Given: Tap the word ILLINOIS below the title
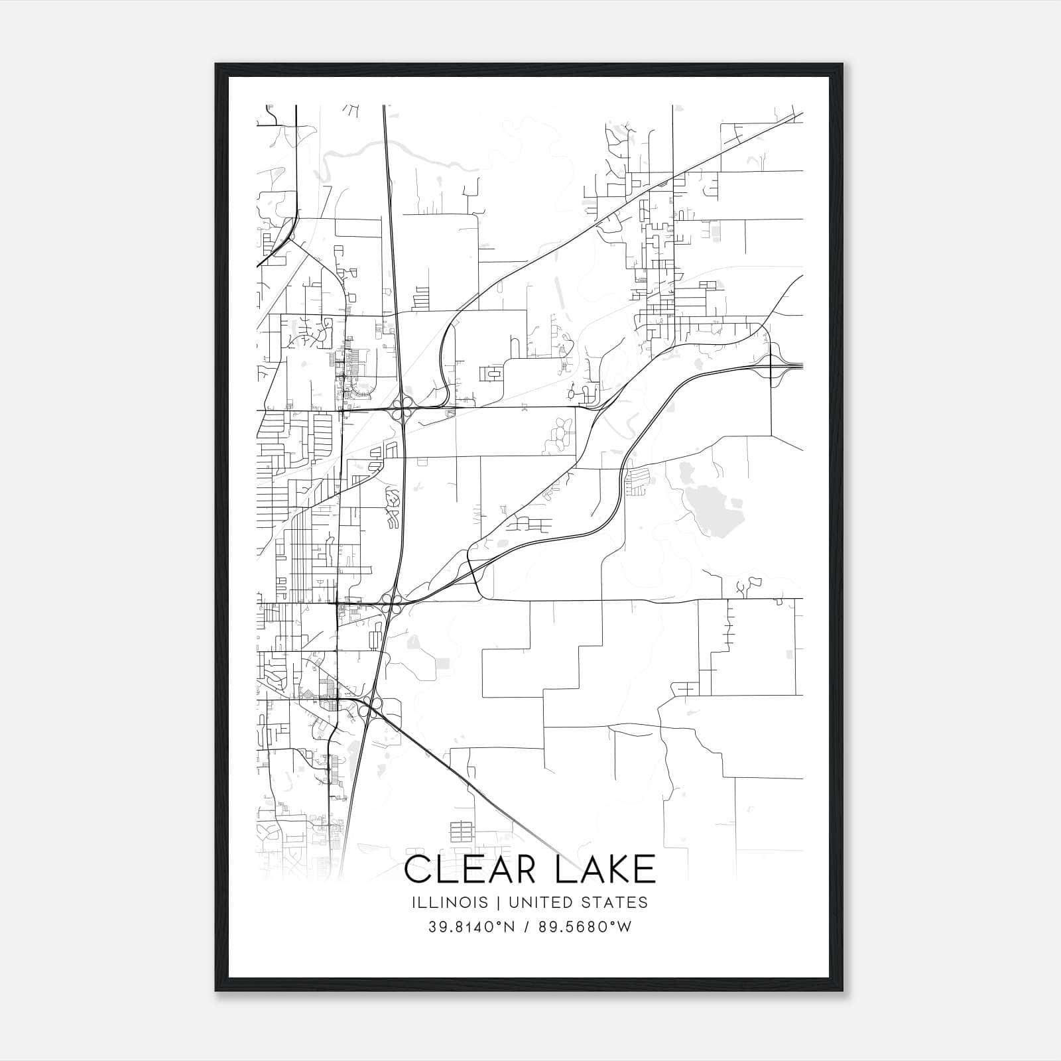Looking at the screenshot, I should (449, 902).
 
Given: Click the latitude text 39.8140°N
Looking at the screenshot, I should (471, 927).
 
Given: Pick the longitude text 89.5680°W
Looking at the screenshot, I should (584, 927).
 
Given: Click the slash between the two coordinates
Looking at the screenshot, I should (529, 927).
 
